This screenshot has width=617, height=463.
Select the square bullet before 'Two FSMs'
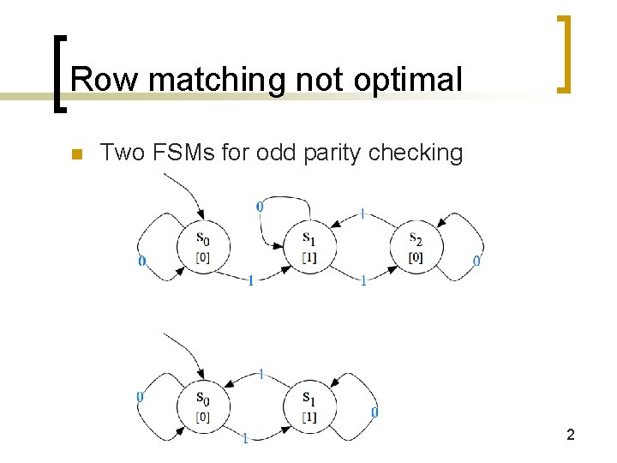coord(76,155)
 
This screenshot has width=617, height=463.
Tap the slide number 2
coord(570,435)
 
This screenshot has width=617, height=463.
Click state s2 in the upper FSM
coord(415,247)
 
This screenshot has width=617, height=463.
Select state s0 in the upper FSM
coord(201,247)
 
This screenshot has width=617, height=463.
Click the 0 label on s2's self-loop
coord(476,261)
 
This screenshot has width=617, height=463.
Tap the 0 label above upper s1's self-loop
coord(260,206)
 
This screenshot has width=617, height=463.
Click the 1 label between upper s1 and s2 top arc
coord(362,213)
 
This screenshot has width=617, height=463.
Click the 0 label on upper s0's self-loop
coord(141,261)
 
